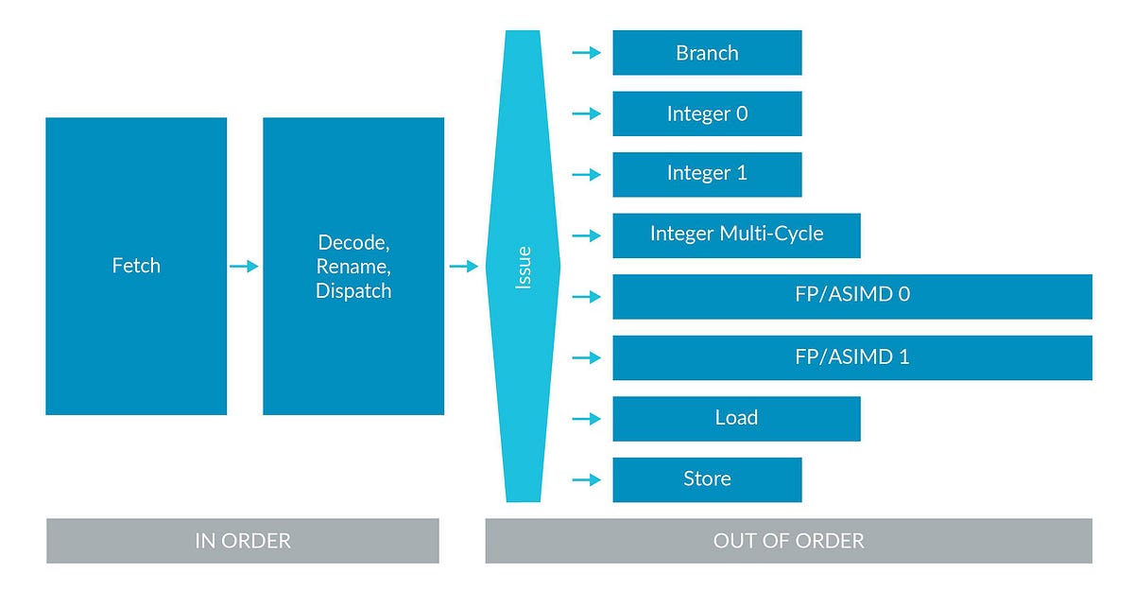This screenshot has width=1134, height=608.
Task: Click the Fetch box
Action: (x=136, y=266)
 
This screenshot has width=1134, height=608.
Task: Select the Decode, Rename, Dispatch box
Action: (x=353, y=266)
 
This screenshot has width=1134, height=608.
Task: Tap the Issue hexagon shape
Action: (x=524, y=267)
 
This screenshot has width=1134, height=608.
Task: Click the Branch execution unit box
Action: (x=707, y=53)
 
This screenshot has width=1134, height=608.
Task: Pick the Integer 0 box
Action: (x=707, y=113)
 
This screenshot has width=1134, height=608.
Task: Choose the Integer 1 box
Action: (x=707, y=174)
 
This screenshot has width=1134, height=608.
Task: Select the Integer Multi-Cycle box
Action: (x=736, y=235)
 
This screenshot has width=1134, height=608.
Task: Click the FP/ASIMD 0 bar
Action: (x=851, y=296)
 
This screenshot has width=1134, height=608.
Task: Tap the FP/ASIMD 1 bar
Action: (x=851, y=357)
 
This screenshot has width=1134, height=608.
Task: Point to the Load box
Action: (x=736, y=418)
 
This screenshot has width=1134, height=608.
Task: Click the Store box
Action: (x=707, y=479)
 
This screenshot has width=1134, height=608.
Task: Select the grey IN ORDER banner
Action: (x=242, y=541)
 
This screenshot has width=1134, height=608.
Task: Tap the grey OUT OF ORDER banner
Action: (x=788, y=541)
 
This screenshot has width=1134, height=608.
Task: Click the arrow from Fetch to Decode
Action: (x=244, y=267)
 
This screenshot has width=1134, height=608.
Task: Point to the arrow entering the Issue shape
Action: (x=463, y=267)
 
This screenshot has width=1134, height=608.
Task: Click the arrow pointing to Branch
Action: (x=587, y=53)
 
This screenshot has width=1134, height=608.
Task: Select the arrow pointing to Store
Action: (x=587, y=479)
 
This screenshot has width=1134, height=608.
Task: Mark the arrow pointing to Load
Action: (x=587, y=418)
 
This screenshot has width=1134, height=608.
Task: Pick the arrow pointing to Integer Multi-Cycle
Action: (x=587, y=235)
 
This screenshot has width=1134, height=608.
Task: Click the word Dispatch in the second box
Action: (x=353, y=291)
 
